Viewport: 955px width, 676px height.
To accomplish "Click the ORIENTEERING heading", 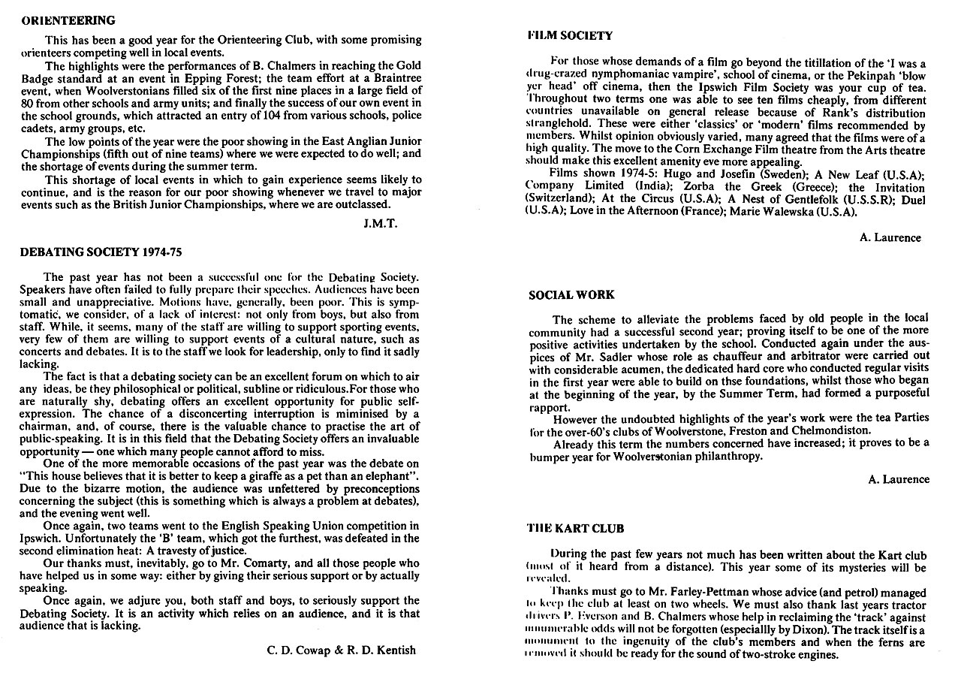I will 68,20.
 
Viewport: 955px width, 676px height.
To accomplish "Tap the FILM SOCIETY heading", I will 570,35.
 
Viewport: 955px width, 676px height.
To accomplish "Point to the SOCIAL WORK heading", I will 571,295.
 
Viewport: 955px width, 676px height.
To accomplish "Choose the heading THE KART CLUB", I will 576,529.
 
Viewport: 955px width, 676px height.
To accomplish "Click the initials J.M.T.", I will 379,223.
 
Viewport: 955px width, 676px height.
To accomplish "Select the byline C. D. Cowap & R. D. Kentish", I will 341,649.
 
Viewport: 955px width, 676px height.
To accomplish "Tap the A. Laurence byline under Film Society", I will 890,237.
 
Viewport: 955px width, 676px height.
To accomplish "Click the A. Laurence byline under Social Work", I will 898,479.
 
